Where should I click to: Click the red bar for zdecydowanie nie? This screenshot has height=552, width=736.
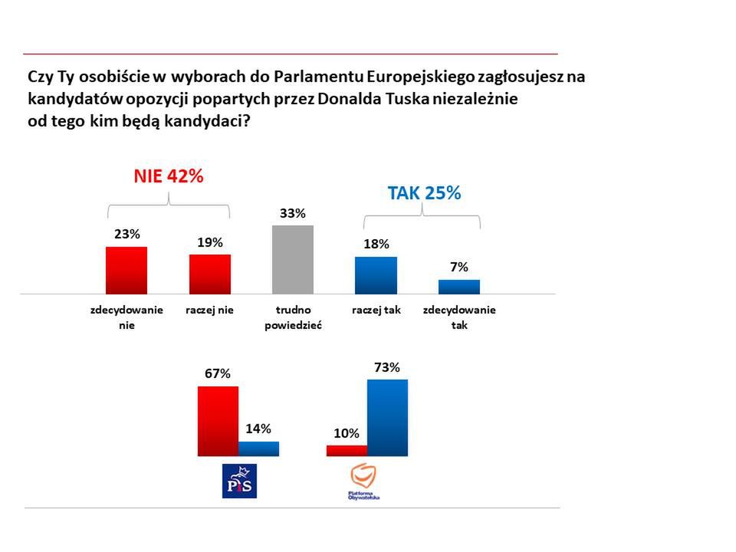(x=126, y=270)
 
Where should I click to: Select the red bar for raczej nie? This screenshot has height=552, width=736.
(x=210, y=274)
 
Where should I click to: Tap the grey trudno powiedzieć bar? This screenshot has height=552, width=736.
(x=293, y=259)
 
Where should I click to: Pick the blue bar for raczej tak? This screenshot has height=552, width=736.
(x=376, y=275)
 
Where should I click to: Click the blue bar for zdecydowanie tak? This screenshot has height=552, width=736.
(x=459, y=287)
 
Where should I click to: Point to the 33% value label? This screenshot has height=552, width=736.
(x=292, y=213)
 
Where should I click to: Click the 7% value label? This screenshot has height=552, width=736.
(x=459, y=267)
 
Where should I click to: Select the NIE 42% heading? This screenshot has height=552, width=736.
(x=169, y=176)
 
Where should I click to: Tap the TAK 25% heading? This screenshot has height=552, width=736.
(x=424, y=193)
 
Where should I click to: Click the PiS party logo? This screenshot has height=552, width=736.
(x=238, y=481)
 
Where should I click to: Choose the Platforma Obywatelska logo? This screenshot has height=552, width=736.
(x=365, y=482)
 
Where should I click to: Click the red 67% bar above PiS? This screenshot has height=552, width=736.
(x=218, y=421)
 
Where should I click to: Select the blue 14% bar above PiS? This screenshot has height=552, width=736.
(x=258, y=449)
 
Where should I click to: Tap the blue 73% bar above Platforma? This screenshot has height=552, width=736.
(x=387, y=417)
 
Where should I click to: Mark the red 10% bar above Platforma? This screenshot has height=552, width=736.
(x=347, y=451)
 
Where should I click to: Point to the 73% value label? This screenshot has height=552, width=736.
(x=386, y=367)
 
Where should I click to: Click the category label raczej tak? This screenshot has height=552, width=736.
(x=376, y=310)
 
